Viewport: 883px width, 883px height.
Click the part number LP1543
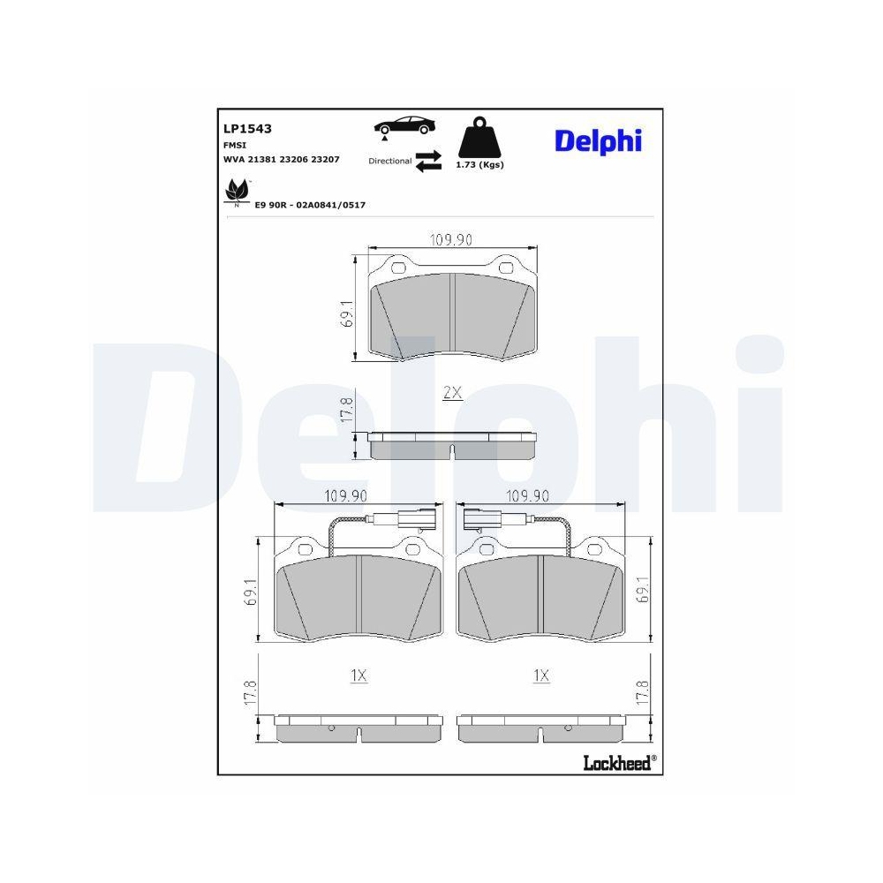(x=247, y=128)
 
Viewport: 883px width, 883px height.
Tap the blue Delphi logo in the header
(x=598, y=141)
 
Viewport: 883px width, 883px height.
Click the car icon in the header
(x=404, y=126)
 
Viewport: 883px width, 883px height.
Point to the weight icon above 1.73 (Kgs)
(x=479, y=137)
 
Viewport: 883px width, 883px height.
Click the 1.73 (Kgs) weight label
(x=479, y=165)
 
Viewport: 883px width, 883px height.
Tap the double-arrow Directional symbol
(x=428, y=161)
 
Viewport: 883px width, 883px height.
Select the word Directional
(x=389, y=161)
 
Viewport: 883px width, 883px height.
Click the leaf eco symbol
(x=237, y=192)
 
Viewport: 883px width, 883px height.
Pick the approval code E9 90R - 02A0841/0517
(x=310, y=205)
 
